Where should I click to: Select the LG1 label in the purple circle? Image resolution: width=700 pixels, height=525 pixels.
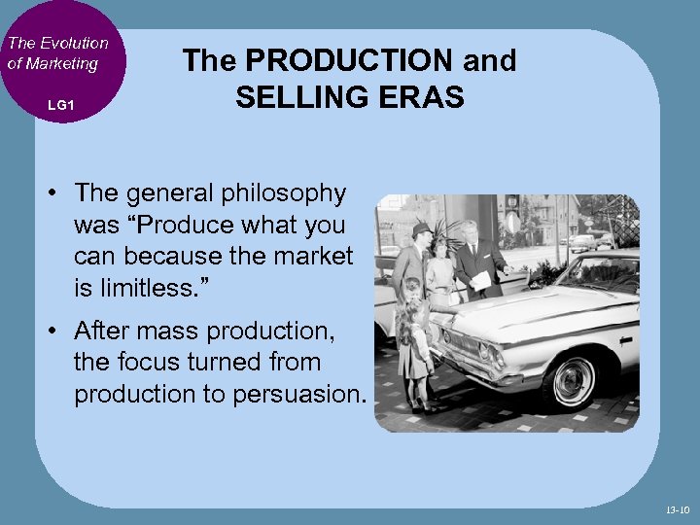[60, 104]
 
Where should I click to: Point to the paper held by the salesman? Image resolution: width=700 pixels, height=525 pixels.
[480, 280]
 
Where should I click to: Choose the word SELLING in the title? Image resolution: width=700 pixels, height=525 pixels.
[296, 96]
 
